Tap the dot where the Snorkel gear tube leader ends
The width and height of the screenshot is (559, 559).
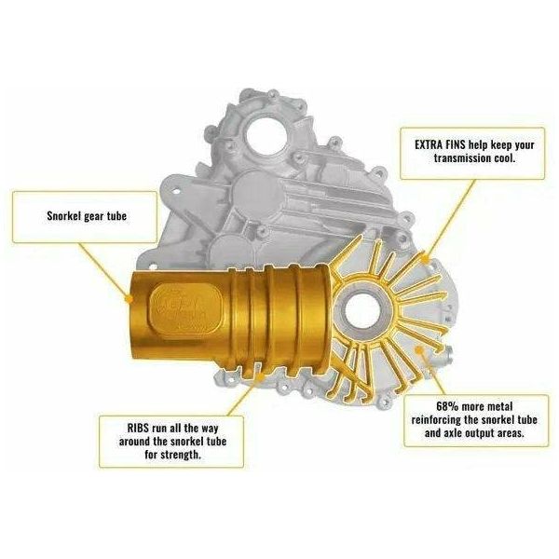point(127,299)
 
